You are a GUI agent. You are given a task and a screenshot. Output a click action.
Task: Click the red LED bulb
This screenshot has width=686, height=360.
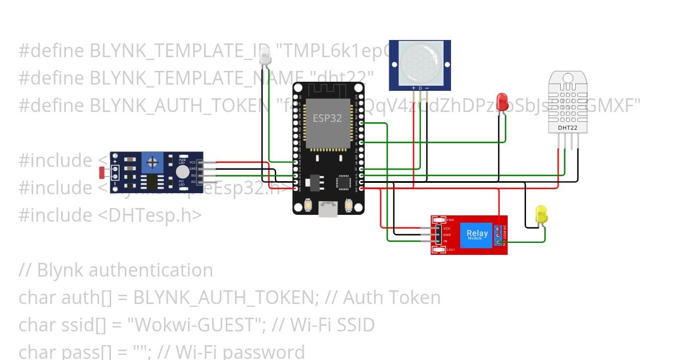click(x=502, y=101)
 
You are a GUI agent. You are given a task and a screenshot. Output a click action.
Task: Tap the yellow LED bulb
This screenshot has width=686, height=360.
click(x=541, y=214)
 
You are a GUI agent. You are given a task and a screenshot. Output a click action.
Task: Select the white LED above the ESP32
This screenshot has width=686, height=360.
click(x=265, y=56)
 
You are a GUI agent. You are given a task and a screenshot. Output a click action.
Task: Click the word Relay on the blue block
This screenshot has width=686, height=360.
click(x=477, y=233)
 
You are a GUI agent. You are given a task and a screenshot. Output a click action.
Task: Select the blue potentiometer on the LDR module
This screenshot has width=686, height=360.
click(x=153, y=163)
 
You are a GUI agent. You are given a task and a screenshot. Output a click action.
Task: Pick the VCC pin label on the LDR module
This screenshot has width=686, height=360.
click(x=193, y=162)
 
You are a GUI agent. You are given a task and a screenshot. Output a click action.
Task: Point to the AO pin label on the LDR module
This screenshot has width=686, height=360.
click(x=193, y=182)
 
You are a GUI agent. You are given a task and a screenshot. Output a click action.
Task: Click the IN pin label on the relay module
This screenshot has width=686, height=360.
click(x=446, y=241)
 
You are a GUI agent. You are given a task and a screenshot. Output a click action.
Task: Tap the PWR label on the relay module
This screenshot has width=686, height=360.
click(x=450, y=220)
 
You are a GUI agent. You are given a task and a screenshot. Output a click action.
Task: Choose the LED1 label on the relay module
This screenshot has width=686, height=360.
click(x=450, y=250)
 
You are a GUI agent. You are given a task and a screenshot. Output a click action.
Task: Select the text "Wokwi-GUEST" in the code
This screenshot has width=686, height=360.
click(x=192, y=325)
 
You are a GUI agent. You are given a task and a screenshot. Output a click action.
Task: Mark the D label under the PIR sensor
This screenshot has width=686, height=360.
click(x=421, y=88)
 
